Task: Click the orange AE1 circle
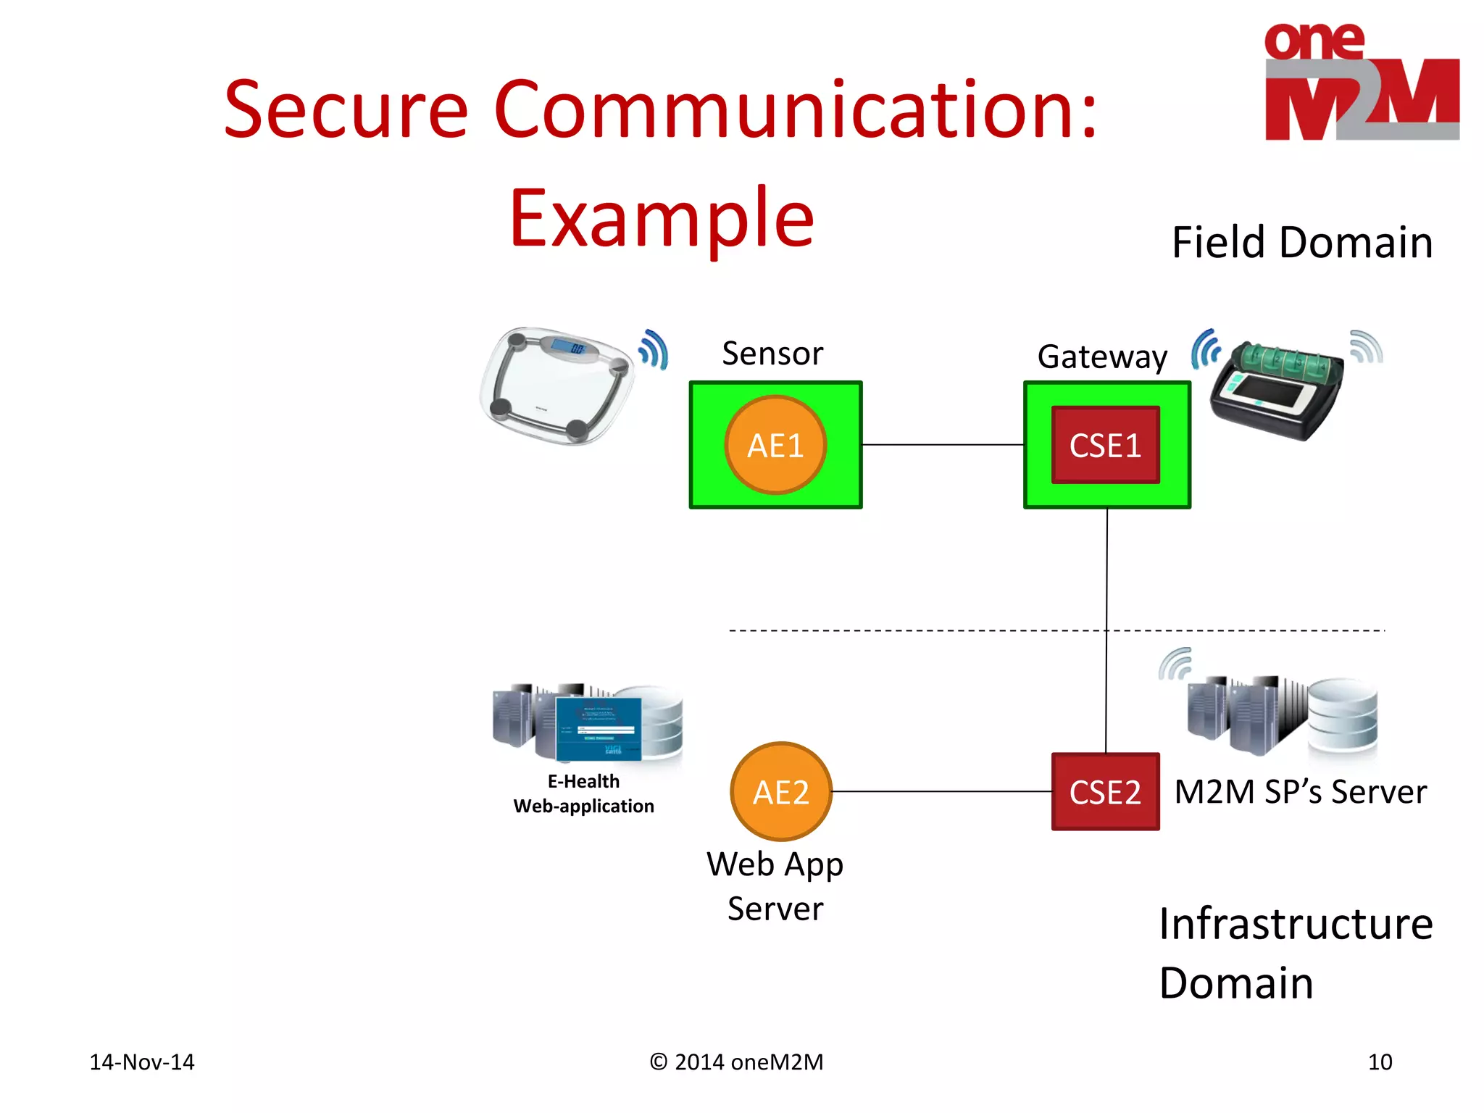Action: [775, 445]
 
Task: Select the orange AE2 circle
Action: [780, 791]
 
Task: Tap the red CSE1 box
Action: [1105, 445]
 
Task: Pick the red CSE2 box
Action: [1105, 791]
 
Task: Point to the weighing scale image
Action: [556, 385]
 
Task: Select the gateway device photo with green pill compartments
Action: [1278, 390]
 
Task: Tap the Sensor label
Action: [772, 354]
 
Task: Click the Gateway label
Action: [1102, 357]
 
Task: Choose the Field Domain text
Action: [1302, 242]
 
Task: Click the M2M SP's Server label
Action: [1300, 791]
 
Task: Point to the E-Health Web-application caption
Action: [583, 793]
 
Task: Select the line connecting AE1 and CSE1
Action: [942, 445]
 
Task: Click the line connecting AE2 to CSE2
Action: [942, 791]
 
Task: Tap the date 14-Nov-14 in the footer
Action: [142, 1062]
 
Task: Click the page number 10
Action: [1380, 1062]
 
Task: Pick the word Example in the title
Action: [662, 217]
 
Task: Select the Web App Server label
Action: [775, 885]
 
